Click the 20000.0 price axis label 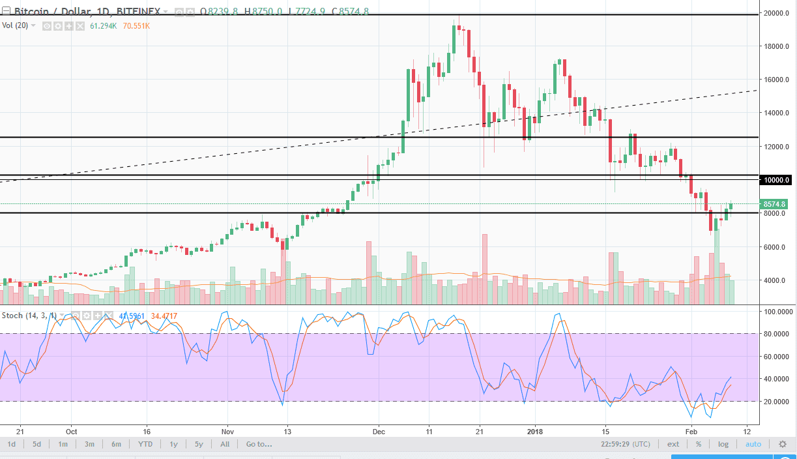click(x=777, y=13)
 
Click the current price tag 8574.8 click(x=775, y=204)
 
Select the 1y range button click(x=174, y=444)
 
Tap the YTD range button click(x=145, y=444)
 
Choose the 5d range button click(x=37, y=444)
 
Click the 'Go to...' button click(x=258, y=444)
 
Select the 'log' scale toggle click(x=723, y=444)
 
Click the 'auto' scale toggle click(x=753, y=444)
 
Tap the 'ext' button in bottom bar click(x=673, y=444)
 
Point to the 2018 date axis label click(x=534, y=431)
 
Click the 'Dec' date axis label click(x=379, y=431)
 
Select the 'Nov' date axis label click(x=227, y=431)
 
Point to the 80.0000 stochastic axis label click(x=777, y=334)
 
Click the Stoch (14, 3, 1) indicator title click(x=29, y=316)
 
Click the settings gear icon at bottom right click(x=783, y=444)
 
